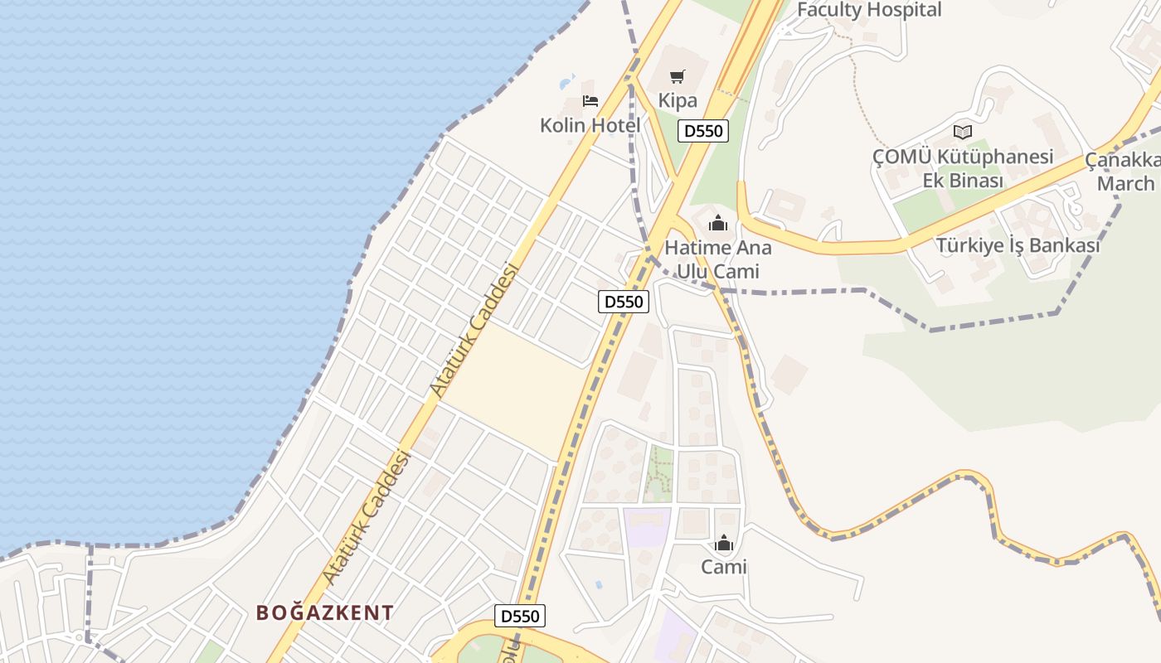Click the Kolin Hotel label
[x=590, y=126]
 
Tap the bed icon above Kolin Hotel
[x=590, y=101]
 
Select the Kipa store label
[x=678, y=100]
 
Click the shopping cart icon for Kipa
[x=678, y=77]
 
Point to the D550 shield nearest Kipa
[x=703, y=131]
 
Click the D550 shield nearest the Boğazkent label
[x=520, y=616]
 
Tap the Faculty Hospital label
[x=869, y=10]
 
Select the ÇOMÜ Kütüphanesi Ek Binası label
[x=963, y=168]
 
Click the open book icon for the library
[x=962, y=132]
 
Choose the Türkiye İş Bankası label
[x=1018, y=246]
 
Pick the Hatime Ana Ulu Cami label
[x=718, y=259]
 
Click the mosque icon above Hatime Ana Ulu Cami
[x=718, y=224]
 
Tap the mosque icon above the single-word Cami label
[x=724, y=544]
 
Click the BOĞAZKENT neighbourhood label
[x=324, y=613]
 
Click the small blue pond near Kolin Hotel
[x=567, y=82]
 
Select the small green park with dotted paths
[x=659, y=474]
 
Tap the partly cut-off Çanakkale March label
[x=1126, y=172]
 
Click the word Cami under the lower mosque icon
[x=724, y=567]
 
